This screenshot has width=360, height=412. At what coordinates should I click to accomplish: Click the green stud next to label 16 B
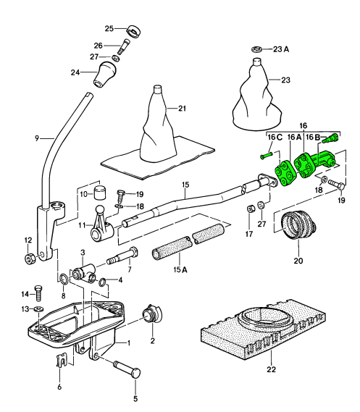click(x=330, y=138)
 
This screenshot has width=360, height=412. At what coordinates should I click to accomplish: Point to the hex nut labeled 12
click(x=30, y=258)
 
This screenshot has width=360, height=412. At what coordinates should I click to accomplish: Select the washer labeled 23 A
click(x=256, y=49)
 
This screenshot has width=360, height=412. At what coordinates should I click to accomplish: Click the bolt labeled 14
click(x=38, y=293)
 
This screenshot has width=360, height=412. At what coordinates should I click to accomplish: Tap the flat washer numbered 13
click(x=39, y=308)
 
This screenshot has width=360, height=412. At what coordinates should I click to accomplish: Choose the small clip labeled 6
click(x=61, y=360)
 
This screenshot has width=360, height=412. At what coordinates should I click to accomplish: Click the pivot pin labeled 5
click(x=127, y=369)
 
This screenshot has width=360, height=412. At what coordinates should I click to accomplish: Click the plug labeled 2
click(x=152, y=314)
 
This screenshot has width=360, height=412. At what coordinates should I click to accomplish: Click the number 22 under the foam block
click(x=272, y=369)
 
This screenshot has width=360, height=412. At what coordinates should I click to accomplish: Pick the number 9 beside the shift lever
click(x=37, y=138)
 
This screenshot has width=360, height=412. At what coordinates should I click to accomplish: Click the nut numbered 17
click(x=251, y=209)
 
